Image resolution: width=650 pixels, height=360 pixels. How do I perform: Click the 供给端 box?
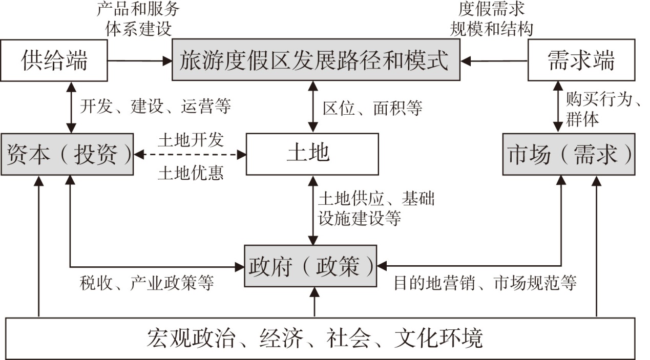(54, 60)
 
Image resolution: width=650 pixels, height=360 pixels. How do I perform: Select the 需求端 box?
(581, 60)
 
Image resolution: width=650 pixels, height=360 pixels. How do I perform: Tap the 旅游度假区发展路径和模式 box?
(316, 60)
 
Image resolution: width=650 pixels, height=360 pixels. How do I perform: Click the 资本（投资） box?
(67, 154)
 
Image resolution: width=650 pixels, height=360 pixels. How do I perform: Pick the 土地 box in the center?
(312, 154)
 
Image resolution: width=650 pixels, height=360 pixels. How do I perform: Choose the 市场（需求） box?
(569, 154)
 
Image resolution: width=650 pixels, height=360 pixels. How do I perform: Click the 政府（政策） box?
(310, 266)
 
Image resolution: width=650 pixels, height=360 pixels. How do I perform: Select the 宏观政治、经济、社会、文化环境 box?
(320, 338)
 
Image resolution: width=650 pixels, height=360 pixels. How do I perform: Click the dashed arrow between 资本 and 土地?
(190, 155)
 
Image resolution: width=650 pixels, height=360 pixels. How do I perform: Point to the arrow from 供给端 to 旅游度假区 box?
(140, 61)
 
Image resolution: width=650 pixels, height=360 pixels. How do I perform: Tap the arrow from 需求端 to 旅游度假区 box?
(494, 61)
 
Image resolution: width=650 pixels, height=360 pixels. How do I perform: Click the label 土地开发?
(191, 140)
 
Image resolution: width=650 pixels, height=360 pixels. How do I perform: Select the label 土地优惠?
(191, 173)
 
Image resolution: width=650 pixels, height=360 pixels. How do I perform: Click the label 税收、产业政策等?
(147, 283)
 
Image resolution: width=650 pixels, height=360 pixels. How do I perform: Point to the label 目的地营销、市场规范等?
(485, 283)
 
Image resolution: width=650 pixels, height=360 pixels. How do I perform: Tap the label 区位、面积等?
(372, 108)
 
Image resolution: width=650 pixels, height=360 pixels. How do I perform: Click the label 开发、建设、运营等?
(156, 106)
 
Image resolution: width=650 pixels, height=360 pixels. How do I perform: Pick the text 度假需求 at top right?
(491, 9)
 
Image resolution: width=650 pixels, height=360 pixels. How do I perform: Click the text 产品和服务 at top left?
(138, 9)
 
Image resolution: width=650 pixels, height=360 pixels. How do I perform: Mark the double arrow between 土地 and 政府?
(313, 210)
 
